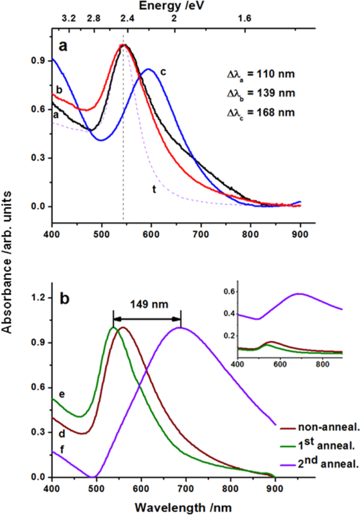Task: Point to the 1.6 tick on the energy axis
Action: click(244, 19)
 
